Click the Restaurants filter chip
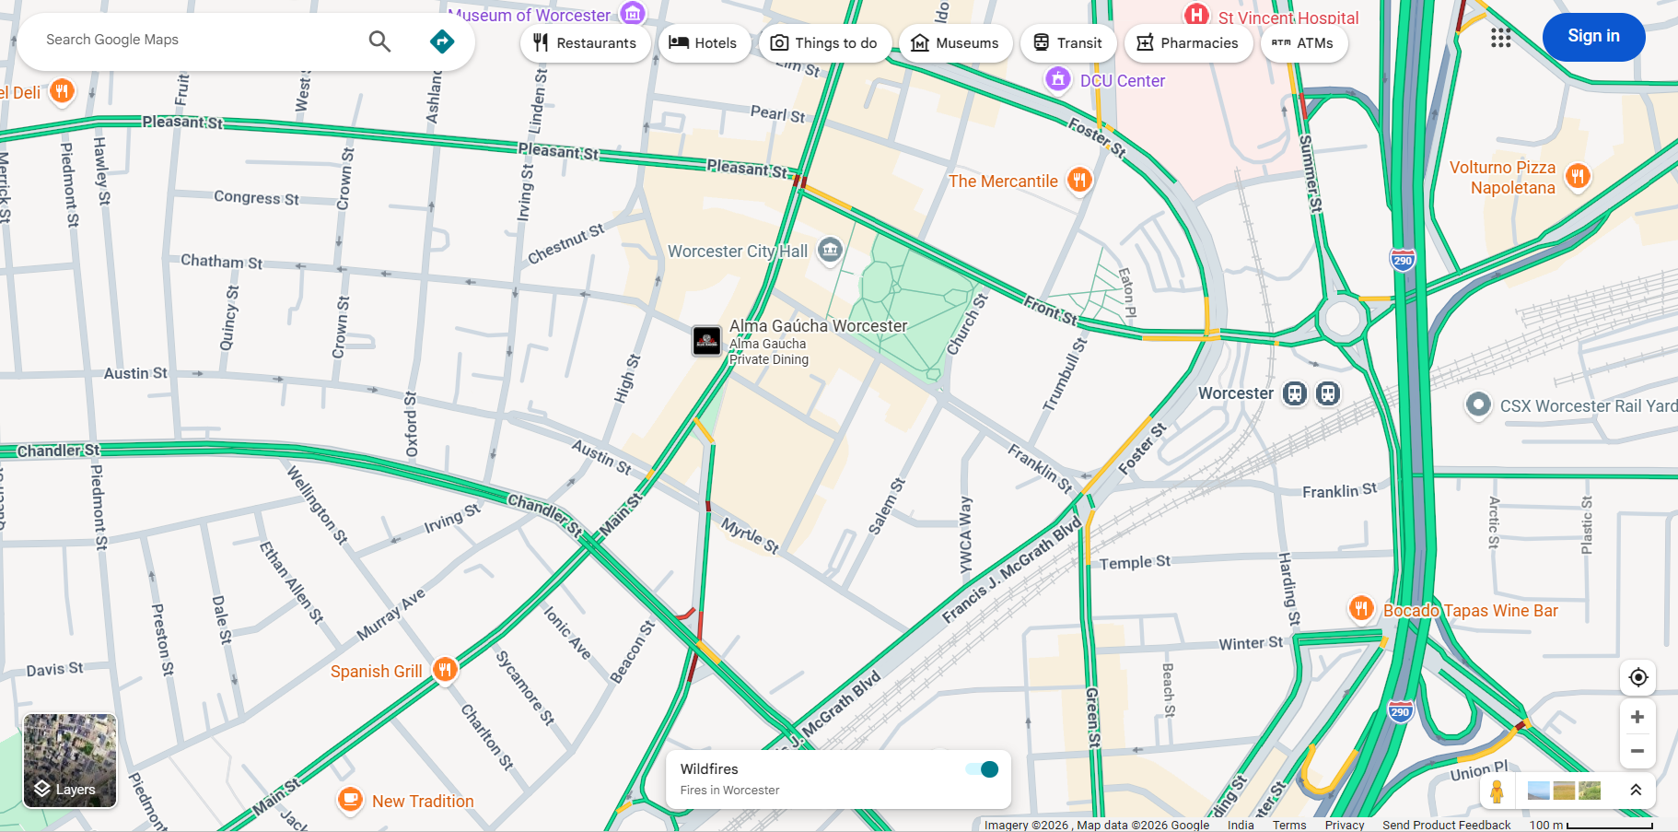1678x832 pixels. [584, 43]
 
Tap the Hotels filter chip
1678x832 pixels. [703, 43]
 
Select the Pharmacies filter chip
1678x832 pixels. [1187, 43]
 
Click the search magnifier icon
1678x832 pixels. [379, 41]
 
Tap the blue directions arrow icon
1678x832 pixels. [442, 41]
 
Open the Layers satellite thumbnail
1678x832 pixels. [70, 760]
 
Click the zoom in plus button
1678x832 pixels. [1637, 717]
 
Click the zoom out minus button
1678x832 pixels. [1637, 751]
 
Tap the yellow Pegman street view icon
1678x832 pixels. [1497, 791]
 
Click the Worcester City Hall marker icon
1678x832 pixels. [830, 250]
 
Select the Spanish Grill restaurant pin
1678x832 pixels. [445, 670]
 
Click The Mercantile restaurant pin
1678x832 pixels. [1079, 180]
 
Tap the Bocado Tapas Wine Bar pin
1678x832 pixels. [1361, 608]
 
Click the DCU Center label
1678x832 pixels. [1122, 81]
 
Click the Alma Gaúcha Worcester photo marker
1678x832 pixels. [706, 341]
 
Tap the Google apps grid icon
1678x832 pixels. [1500, 38]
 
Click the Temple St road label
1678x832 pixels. [1135, 562]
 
